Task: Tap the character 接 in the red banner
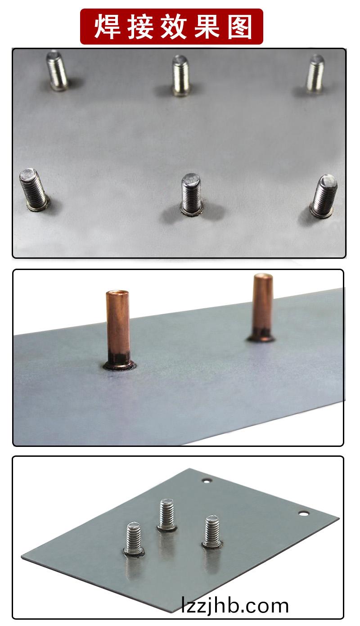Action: [x=140, y=27]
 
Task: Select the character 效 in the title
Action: [x=174, y=27]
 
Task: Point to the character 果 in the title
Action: [x=207, y=27]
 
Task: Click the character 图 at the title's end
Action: [x=240, y=27]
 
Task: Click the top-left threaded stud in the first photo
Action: [x=57, y=70]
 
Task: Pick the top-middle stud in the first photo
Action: [x=181, y=76]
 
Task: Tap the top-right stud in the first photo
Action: [x=315, y=74]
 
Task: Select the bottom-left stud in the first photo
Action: [x=34, y=189]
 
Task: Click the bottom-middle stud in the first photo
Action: [x=191, y=194]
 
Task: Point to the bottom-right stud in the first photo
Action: [x=324, y=196]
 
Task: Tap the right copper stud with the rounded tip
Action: [x=262, y=307]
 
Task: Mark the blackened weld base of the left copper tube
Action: [x=119, y=362]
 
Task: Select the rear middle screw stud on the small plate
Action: [x=167, y=515]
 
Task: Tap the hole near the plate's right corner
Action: [x=303, y=513]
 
